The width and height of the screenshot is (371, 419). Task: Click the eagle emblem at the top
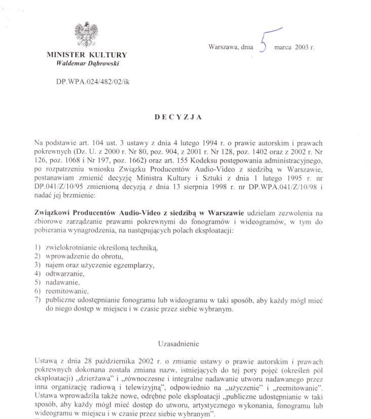click(x=86, y=35)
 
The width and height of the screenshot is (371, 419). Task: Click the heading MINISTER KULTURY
click(x=87, y=55)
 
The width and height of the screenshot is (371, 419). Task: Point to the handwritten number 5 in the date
click(x=264, y=42)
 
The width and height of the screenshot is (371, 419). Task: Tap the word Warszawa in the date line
click(x=224, y=48)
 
